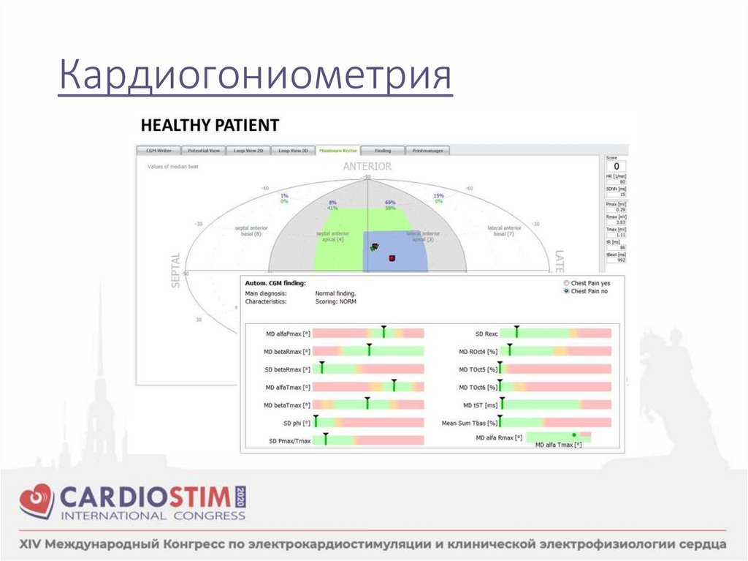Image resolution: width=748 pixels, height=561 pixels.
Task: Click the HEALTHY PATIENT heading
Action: [209, 125]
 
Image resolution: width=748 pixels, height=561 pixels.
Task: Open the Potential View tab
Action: [204, 151]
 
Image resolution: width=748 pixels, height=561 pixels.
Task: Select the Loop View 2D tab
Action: [248, 151]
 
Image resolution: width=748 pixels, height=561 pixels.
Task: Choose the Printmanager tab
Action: [426, 151]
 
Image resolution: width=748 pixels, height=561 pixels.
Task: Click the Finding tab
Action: [383, 151]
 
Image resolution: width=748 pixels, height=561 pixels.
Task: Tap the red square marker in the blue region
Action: [392, 258]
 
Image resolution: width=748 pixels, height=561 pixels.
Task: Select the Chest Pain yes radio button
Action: [566, 282]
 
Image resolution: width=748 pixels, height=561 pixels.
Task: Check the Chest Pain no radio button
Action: [566, 291]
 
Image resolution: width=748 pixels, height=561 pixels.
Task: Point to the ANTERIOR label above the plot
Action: [367, 167]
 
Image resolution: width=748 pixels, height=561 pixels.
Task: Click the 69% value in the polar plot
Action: [390, 202]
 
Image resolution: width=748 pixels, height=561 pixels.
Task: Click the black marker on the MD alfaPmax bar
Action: [383, 333]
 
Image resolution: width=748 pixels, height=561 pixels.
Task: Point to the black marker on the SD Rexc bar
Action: [516, 333]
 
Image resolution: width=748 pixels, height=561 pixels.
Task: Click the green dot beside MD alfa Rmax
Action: [574, 435]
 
